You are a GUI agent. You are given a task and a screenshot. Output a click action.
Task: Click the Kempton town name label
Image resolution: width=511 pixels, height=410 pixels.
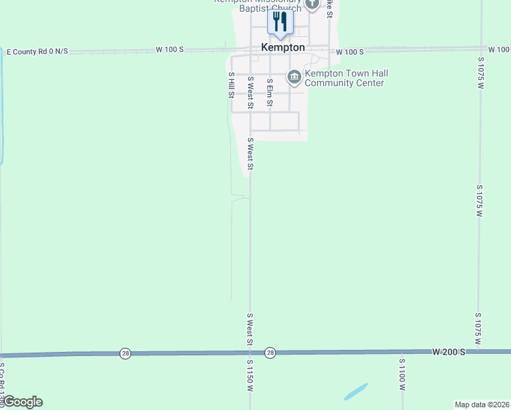pos(283,48)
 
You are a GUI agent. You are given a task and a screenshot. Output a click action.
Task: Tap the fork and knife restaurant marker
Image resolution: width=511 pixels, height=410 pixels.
pos(279,21)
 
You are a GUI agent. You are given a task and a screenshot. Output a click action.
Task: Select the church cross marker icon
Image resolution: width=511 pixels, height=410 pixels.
pos(312,4)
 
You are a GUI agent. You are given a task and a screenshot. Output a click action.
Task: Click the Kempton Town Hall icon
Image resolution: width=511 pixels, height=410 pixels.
pos(294,77)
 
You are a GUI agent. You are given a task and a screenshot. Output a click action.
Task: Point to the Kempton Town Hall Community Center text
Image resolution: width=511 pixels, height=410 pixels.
pos(344,78)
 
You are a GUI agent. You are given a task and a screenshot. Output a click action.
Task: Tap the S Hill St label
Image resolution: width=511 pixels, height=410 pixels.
pos(232,85)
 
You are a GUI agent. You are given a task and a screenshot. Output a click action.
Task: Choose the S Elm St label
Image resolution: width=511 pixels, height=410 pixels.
pos(270,93)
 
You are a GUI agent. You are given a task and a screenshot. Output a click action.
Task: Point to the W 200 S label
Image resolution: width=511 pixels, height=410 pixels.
pos(448,351)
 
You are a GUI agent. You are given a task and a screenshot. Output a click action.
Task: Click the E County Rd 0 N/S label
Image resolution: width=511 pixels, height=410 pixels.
pos(37,52)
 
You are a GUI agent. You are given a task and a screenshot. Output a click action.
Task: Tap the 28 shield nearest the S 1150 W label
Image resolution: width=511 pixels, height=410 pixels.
pos(271,353)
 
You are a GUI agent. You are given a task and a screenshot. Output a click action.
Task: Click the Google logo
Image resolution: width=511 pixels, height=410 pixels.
pos(22,402)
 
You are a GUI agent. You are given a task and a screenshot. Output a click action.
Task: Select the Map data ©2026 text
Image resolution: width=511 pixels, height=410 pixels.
pos(482,405)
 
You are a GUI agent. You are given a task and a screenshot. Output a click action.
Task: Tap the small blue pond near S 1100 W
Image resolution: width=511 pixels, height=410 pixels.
pos(356,392)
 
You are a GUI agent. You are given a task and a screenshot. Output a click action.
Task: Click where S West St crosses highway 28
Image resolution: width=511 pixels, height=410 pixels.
pos(250,353)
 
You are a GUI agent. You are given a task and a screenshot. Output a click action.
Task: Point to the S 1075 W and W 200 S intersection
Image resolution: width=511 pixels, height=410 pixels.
pos(480,351)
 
